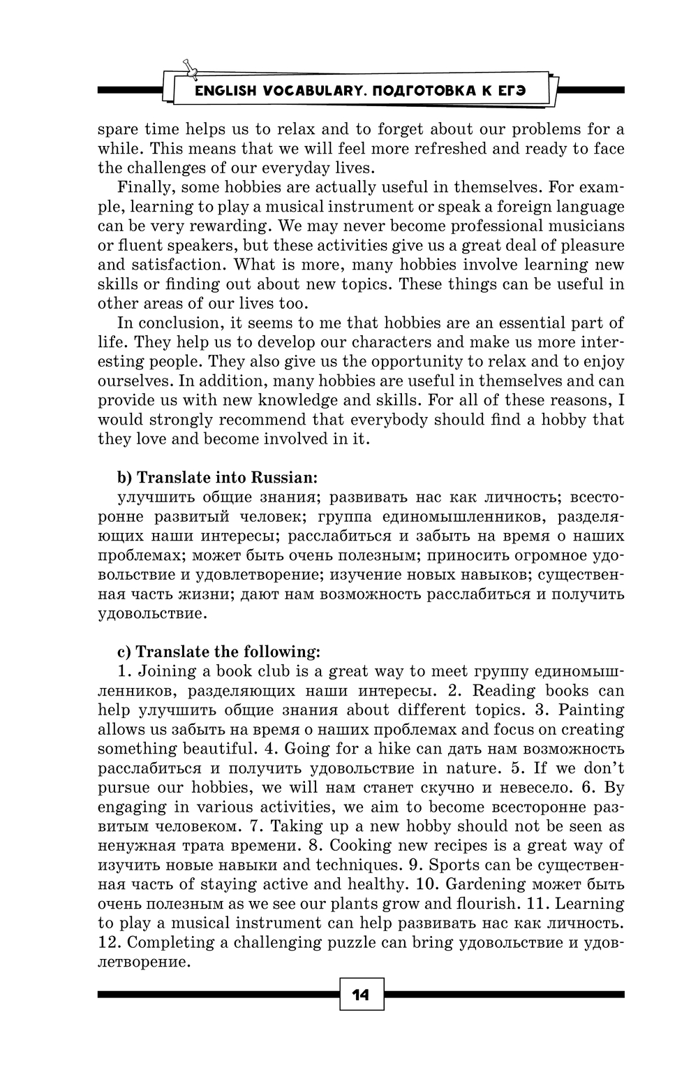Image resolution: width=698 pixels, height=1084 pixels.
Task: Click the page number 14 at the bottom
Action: (x=361, y=995)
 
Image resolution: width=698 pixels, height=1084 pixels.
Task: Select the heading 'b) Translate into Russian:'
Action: (x=216, y=478)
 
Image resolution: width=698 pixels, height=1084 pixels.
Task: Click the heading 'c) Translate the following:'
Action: (x=218, y=652)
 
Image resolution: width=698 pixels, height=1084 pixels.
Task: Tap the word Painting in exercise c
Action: (x=591, y=710)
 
